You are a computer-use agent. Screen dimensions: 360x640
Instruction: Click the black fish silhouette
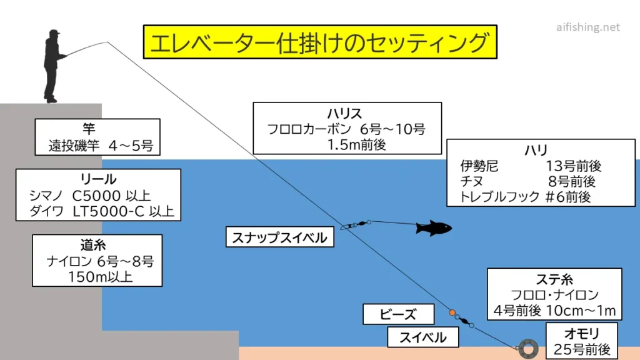pos(434,227)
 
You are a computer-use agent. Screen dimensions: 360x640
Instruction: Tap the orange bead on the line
pos(452,312)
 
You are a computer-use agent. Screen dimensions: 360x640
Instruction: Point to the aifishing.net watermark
pos(587,27)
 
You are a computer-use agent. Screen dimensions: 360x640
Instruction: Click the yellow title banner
pos(319,42)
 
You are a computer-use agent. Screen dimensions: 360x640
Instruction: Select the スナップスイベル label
pos(279,237)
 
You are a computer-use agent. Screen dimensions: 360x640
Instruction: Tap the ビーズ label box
pos(389,314)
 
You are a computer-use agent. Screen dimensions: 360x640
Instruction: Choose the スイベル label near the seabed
pos(423,338)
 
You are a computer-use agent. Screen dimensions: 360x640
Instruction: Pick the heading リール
pos(98,179)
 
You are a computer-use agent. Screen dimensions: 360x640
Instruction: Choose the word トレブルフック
pos(499,197)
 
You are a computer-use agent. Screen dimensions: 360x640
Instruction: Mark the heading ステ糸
pos(554,279)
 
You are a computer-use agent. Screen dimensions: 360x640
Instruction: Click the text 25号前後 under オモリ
pos(581,349)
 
